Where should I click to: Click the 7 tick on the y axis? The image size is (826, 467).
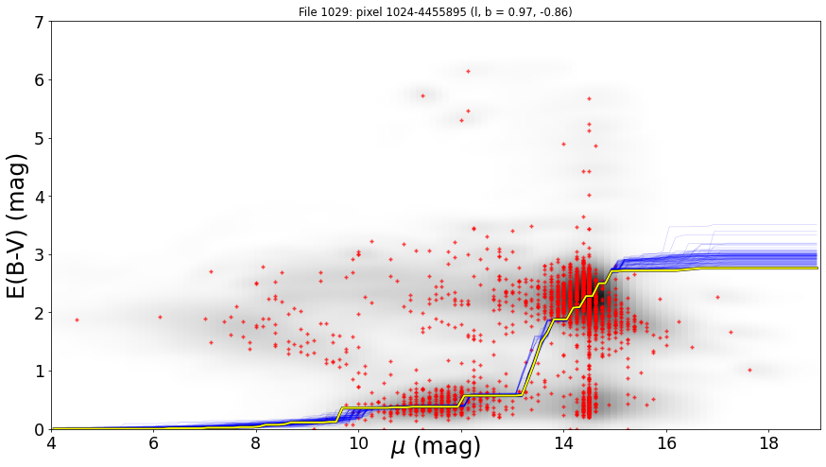pos(38,22)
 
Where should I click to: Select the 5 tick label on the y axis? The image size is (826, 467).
pos(38,139)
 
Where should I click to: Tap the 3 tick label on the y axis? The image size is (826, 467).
pos(38,255)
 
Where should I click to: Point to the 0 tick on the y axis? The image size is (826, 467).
pos(38,429)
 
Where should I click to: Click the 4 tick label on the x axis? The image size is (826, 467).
pos(51,443)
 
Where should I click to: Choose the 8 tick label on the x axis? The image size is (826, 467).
pos(256,443)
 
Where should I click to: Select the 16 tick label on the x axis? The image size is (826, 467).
pos(667,443)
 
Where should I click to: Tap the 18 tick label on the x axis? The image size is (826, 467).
pos(769,443)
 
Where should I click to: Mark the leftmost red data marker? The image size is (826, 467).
pos(77,320)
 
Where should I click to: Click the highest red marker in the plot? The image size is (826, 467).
pos(468,71)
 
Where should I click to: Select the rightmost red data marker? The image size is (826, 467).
pos(749,370)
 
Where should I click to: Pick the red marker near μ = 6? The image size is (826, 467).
pos(160,318)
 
